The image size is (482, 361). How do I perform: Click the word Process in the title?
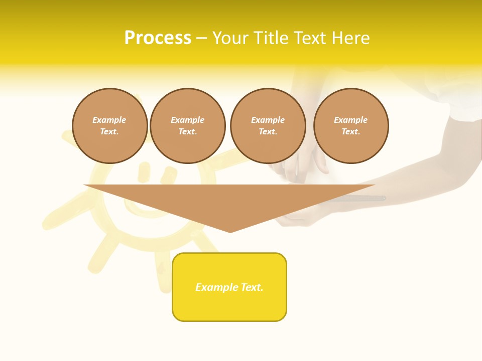[158, 38]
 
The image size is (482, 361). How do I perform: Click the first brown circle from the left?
[110, 126]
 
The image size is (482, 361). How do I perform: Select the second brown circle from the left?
[188, 126]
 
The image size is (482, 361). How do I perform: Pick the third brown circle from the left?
[268, 126]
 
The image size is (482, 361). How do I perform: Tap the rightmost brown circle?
[351, 126]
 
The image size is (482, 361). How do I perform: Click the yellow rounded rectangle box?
[229, 301]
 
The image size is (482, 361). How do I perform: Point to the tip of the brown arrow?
[230, 232]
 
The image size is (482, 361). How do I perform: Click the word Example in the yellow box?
[217, 287]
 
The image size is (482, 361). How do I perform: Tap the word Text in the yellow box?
[252, 287]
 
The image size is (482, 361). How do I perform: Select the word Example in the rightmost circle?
[351, 120]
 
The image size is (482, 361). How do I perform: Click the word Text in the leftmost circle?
[109, 132]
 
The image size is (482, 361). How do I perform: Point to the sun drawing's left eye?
[144, 171]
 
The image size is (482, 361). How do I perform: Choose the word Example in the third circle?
[268, 120]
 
